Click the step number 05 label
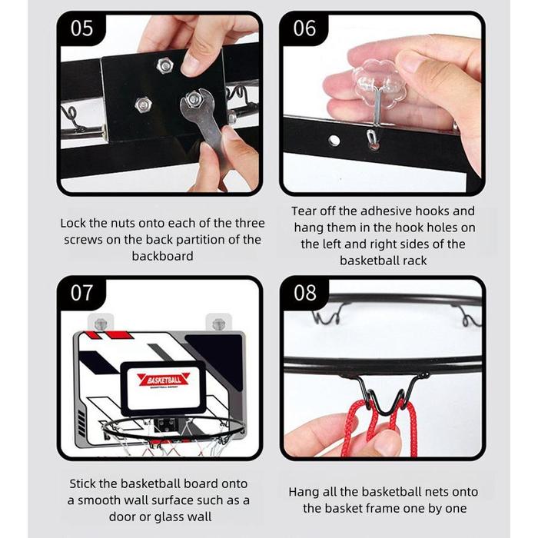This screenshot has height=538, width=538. [81, 28]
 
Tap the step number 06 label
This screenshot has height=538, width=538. [304, 28]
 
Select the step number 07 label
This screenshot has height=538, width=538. [81, 293]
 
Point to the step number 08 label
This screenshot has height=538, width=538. [304, 293]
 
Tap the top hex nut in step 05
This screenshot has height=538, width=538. [164, 65]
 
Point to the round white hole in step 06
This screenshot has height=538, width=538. [334, 141]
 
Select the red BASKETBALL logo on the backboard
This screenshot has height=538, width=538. [164, 380]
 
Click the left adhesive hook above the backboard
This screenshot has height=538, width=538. [101, 324]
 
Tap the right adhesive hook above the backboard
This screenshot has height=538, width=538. [218, 324]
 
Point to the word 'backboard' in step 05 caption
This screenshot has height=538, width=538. [163, 256]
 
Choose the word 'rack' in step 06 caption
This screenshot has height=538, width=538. [415, 261]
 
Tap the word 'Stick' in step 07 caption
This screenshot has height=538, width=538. [82, 483]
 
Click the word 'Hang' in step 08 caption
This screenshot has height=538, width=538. [302, 493]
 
